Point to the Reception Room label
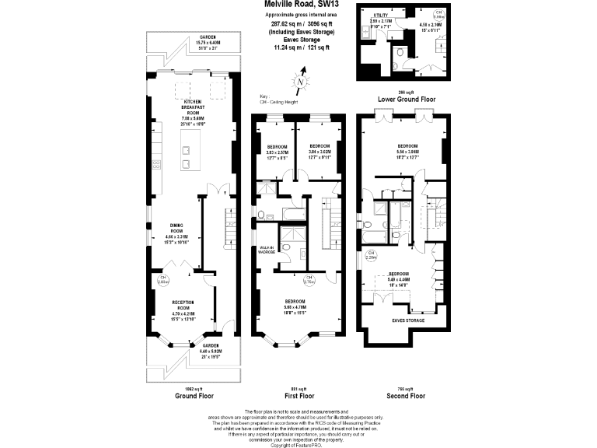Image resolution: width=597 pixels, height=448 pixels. coord(183,306)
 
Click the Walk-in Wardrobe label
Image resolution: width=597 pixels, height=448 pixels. coord(267,250)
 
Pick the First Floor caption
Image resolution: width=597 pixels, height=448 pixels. coord(299,396)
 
